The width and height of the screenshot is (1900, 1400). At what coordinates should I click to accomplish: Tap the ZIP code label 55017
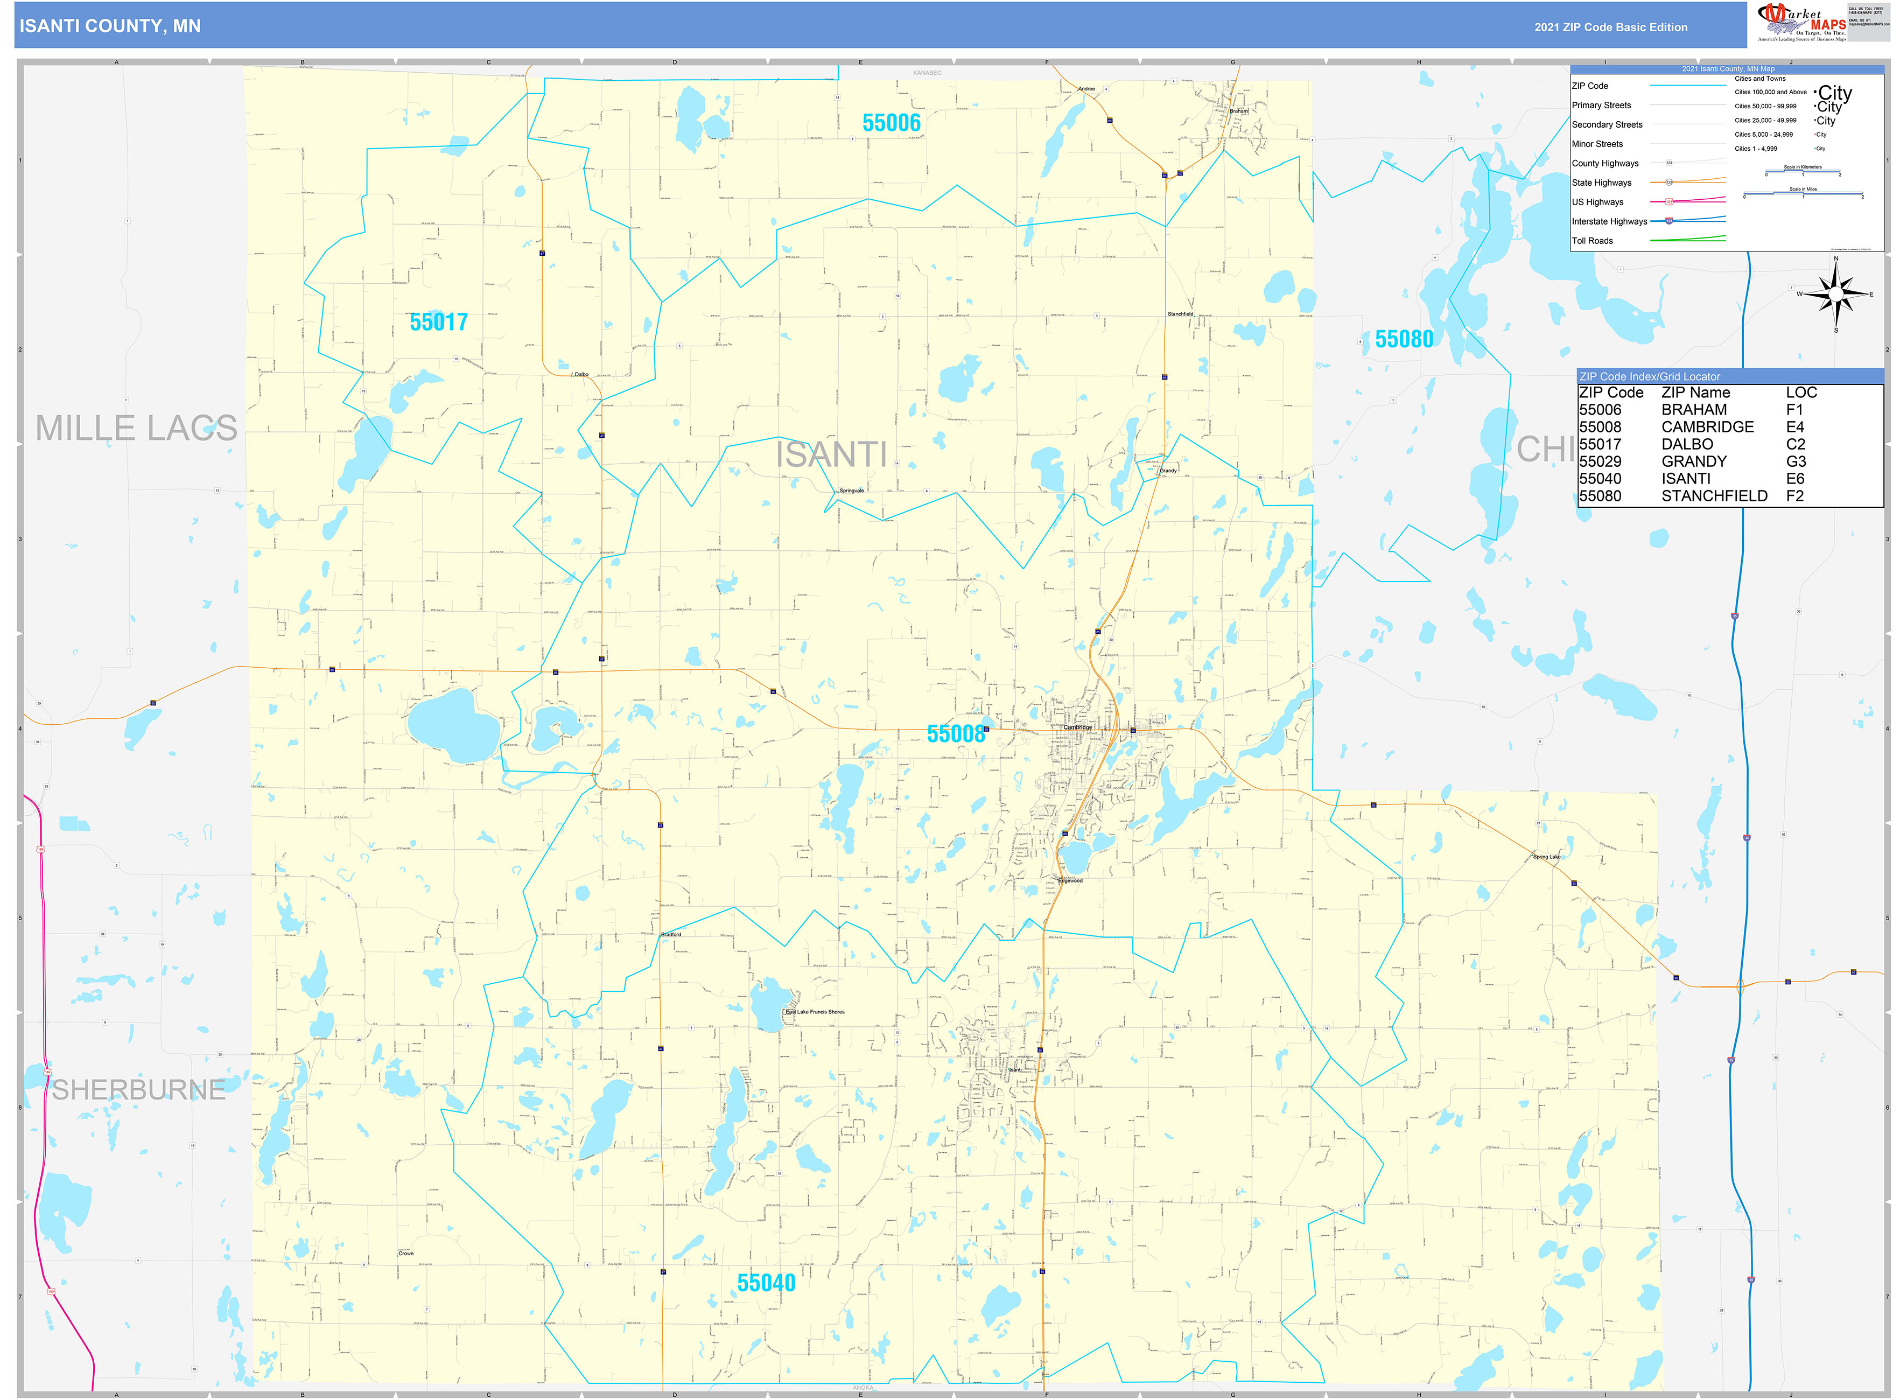click(x=438, y=322)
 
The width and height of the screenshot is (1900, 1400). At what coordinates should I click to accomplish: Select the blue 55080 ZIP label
click(x=1404, y=339)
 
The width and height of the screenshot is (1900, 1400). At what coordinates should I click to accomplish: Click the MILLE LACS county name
click(x=136, y=428)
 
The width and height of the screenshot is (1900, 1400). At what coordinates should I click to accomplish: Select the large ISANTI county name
click(x=831, y=455)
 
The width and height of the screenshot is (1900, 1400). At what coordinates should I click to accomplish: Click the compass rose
click(x=1835, y=294)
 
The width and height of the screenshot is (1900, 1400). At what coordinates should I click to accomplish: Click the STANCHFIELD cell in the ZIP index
click(x=1714, y=496)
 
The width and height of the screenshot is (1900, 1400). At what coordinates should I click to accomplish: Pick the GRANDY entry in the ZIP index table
click(x=1693, y=461)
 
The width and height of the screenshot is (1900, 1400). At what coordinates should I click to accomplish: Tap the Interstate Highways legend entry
click(x=1609, y=221)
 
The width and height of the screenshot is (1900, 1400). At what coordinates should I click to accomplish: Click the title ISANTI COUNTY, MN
click(x=110, y=26)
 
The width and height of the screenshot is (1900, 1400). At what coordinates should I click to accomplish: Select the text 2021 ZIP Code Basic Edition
click(x=1610, y=27)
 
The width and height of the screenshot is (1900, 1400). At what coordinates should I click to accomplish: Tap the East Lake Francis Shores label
click(x=815, y=1011)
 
